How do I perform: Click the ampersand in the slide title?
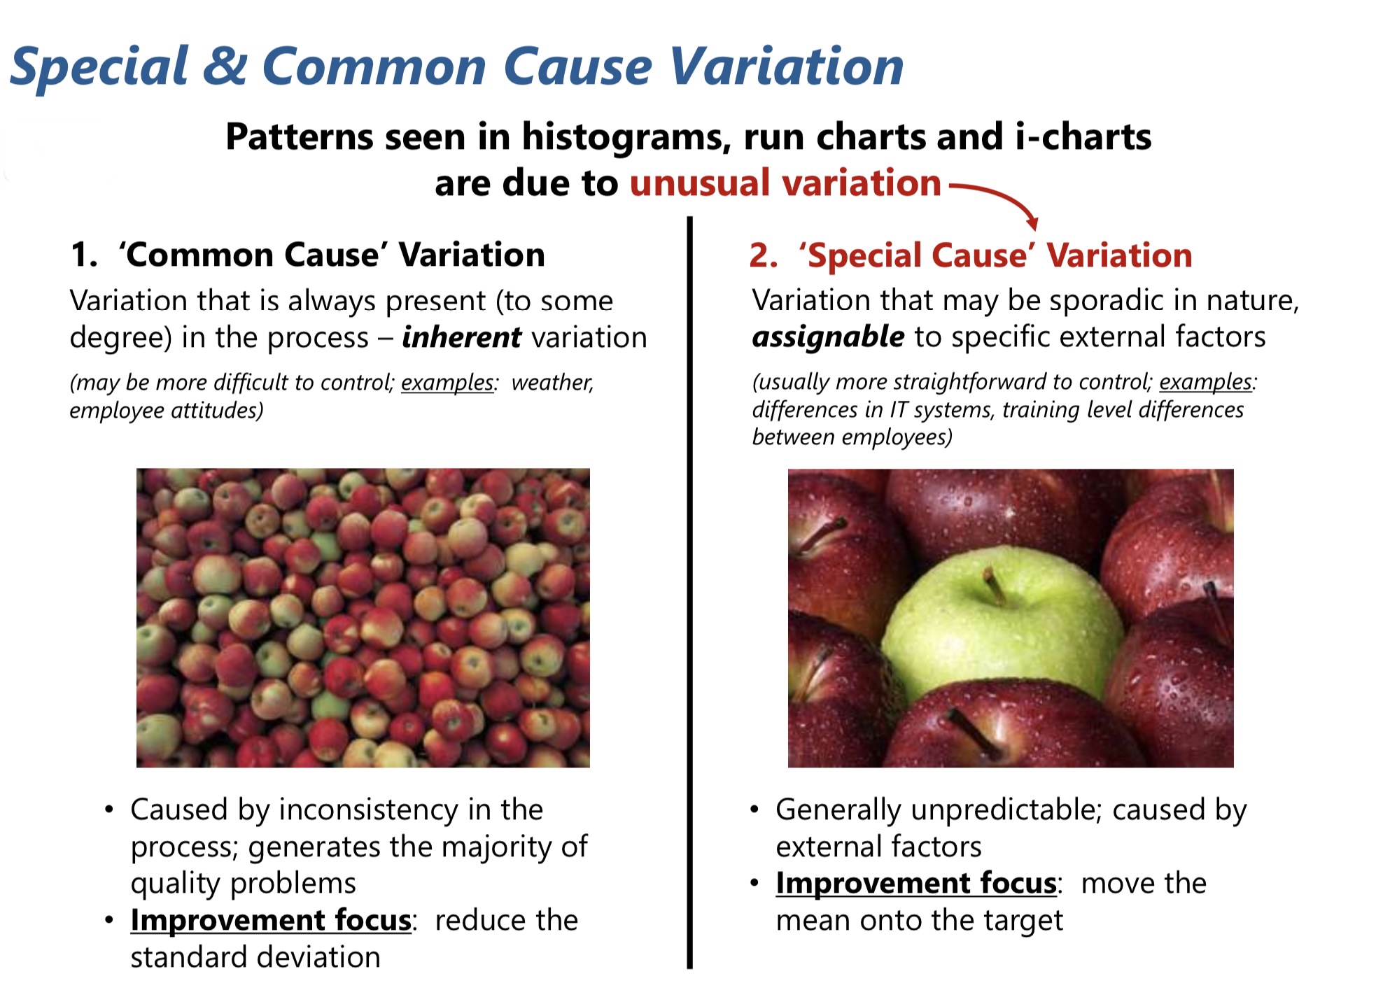click(x=225, y=66)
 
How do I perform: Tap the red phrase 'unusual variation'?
click(x=785, y=183)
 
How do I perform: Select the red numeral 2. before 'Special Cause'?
click(x=763, y=255)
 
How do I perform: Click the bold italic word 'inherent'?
click(x=461, y=337)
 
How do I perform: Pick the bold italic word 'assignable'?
click(x=828, y=337)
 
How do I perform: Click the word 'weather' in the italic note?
click(x=552, y=383)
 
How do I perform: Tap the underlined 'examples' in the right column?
click(x=1206, y=383)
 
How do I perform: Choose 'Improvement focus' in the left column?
click(x=271, y=920)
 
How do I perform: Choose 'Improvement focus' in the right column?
click(x=916, y=883)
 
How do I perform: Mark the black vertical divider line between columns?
click(x=689, y=593)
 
